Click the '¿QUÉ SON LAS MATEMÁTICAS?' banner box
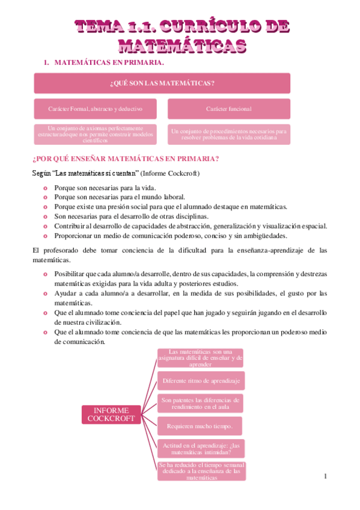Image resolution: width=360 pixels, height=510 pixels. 162,83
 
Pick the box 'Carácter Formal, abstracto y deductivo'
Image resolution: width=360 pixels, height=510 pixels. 96,109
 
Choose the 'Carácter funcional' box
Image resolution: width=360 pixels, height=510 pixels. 228,109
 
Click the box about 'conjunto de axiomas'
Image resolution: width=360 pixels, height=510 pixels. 96,134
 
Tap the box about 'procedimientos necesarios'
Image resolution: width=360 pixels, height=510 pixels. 228,134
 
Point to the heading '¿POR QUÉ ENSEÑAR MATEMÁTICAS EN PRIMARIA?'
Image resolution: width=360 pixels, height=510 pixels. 125,159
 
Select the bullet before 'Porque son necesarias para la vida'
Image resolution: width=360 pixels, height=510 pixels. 44,188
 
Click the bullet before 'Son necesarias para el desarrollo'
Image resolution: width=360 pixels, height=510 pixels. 44,217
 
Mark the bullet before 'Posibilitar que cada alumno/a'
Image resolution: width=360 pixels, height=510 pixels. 44,274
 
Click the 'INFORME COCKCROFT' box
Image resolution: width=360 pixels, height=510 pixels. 110,414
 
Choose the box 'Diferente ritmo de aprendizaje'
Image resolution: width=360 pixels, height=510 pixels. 200,381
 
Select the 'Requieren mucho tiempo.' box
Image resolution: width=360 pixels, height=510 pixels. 200,426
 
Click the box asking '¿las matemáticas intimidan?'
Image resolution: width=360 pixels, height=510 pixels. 200,448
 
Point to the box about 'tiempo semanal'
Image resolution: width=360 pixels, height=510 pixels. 200,472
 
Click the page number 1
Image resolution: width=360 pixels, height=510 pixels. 325,477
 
